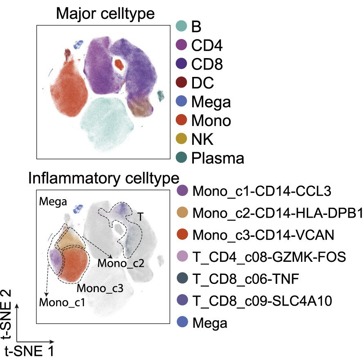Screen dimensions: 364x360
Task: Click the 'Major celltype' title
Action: pos(106,14)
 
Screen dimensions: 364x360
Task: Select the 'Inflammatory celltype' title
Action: pos(103,178)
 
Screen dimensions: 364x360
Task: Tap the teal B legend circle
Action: pos(181,26)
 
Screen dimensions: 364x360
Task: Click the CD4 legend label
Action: pos(207,45)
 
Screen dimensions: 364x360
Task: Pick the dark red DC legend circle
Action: pos(181,82)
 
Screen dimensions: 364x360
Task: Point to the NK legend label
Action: pos(202,139)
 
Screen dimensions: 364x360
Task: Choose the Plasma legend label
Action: pos(218,158)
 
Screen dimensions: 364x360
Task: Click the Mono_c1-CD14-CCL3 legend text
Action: pos(262,191)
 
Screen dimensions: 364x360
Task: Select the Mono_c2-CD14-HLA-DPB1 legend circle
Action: pos(182,212)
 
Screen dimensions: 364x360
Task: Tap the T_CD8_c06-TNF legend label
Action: pos(246,279)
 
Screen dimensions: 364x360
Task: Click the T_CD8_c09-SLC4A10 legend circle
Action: pos(182,300)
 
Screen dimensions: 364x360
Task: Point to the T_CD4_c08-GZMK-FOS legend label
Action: pos(269,257)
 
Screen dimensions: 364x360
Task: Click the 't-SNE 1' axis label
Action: pos(29,351)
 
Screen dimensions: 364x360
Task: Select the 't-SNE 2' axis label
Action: pos(6,314)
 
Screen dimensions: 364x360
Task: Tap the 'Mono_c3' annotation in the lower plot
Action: pos(100,288)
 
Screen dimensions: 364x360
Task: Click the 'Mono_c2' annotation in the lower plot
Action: pos(121,263)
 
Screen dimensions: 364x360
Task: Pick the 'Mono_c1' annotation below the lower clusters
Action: pos(62,302)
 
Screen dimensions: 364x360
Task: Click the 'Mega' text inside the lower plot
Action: pos(53,202)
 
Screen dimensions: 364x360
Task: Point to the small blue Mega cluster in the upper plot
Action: pos(78,44)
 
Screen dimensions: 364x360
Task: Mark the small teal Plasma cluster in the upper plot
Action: pos(160,95)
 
